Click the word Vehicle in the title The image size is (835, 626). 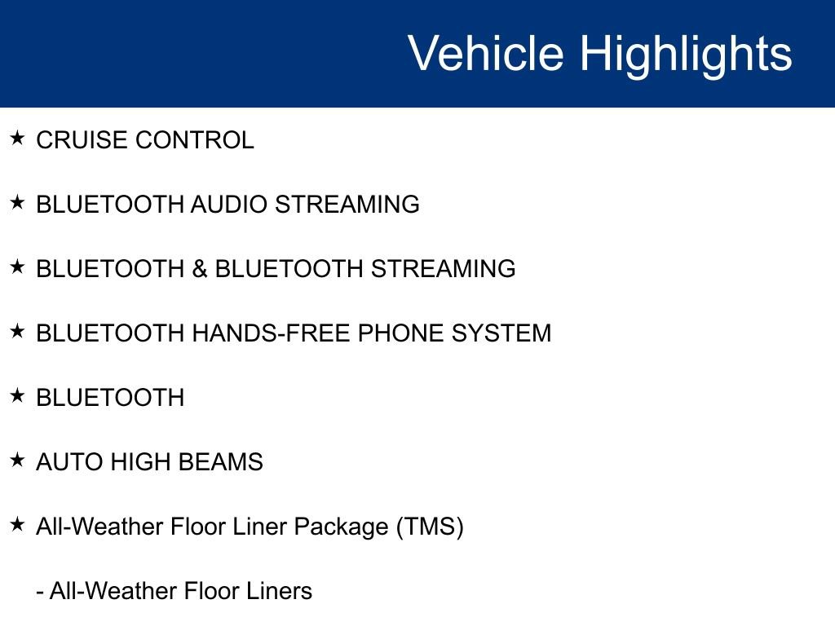click(x=486, y=53)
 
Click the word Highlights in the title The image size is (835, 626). click(x=686, y=56)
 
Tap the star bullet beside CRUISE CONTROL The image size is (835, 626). click(x=17, y=138)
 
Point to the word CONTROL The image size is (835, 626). click(x=195, y=140)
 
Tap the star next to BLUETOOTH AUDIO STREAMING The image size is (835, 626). click(x=17, y=202)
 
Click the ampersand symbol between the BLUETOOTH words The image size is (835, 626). click(x=200, y=269)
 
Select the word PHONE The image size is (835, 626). click(x=400, y=333)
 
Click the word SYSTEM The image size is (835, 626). click(x=501, y=333)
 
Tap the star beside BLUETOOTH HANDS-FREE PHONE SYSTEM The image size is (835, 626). click(x=17, y=331)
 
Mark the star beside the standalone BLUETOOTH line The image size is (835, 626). click(x=17, y=395)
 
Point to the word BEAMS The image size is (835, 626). click(x=220, y=462)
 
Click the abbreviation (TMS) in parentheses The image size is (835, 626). click(x=430, y=527)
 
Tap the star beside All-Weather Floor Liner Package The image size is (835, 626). click(x=17, y=524)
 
